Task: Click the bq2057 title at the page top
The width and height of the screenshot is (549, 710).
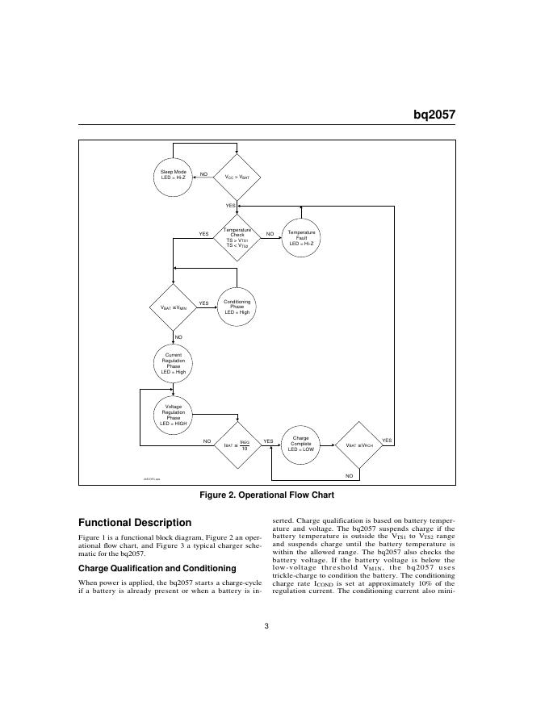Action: point(434,115)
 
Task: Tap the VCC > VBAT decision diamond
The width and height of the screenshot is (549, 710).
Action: point(237,176)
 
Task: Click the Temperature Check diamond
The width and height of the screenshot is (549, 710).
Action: point(237,236)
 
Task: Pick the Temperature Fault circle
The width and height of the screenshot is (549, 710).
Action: point(301,237)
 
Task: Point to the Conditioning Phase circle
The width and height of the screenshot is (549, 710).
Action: point(237,306)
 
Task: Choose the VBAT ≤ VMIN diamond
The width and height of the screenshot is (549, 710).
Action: point(174,307)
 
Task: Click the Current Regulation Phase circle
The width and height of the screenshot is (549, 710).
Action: point(174,364)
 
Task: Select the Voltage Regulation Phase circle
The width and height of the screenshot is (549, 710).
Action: point(174,414)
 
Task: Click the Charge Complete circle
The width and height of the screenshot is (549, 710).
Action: point(300,443)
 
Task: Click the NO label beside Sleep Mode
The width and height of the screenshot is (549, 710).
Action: point(203,173)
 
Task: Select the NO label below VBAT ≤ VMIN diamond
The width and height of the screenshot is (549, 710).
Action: point(178,336)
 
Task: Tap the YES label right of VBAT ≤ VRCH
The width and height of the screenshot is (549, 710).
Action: point(386,441)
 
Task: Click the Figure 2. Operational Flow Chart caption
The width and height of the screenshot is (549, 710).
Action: point(266,495)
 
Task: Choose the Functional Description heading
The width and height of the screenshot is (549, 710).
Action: point(135,523)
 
